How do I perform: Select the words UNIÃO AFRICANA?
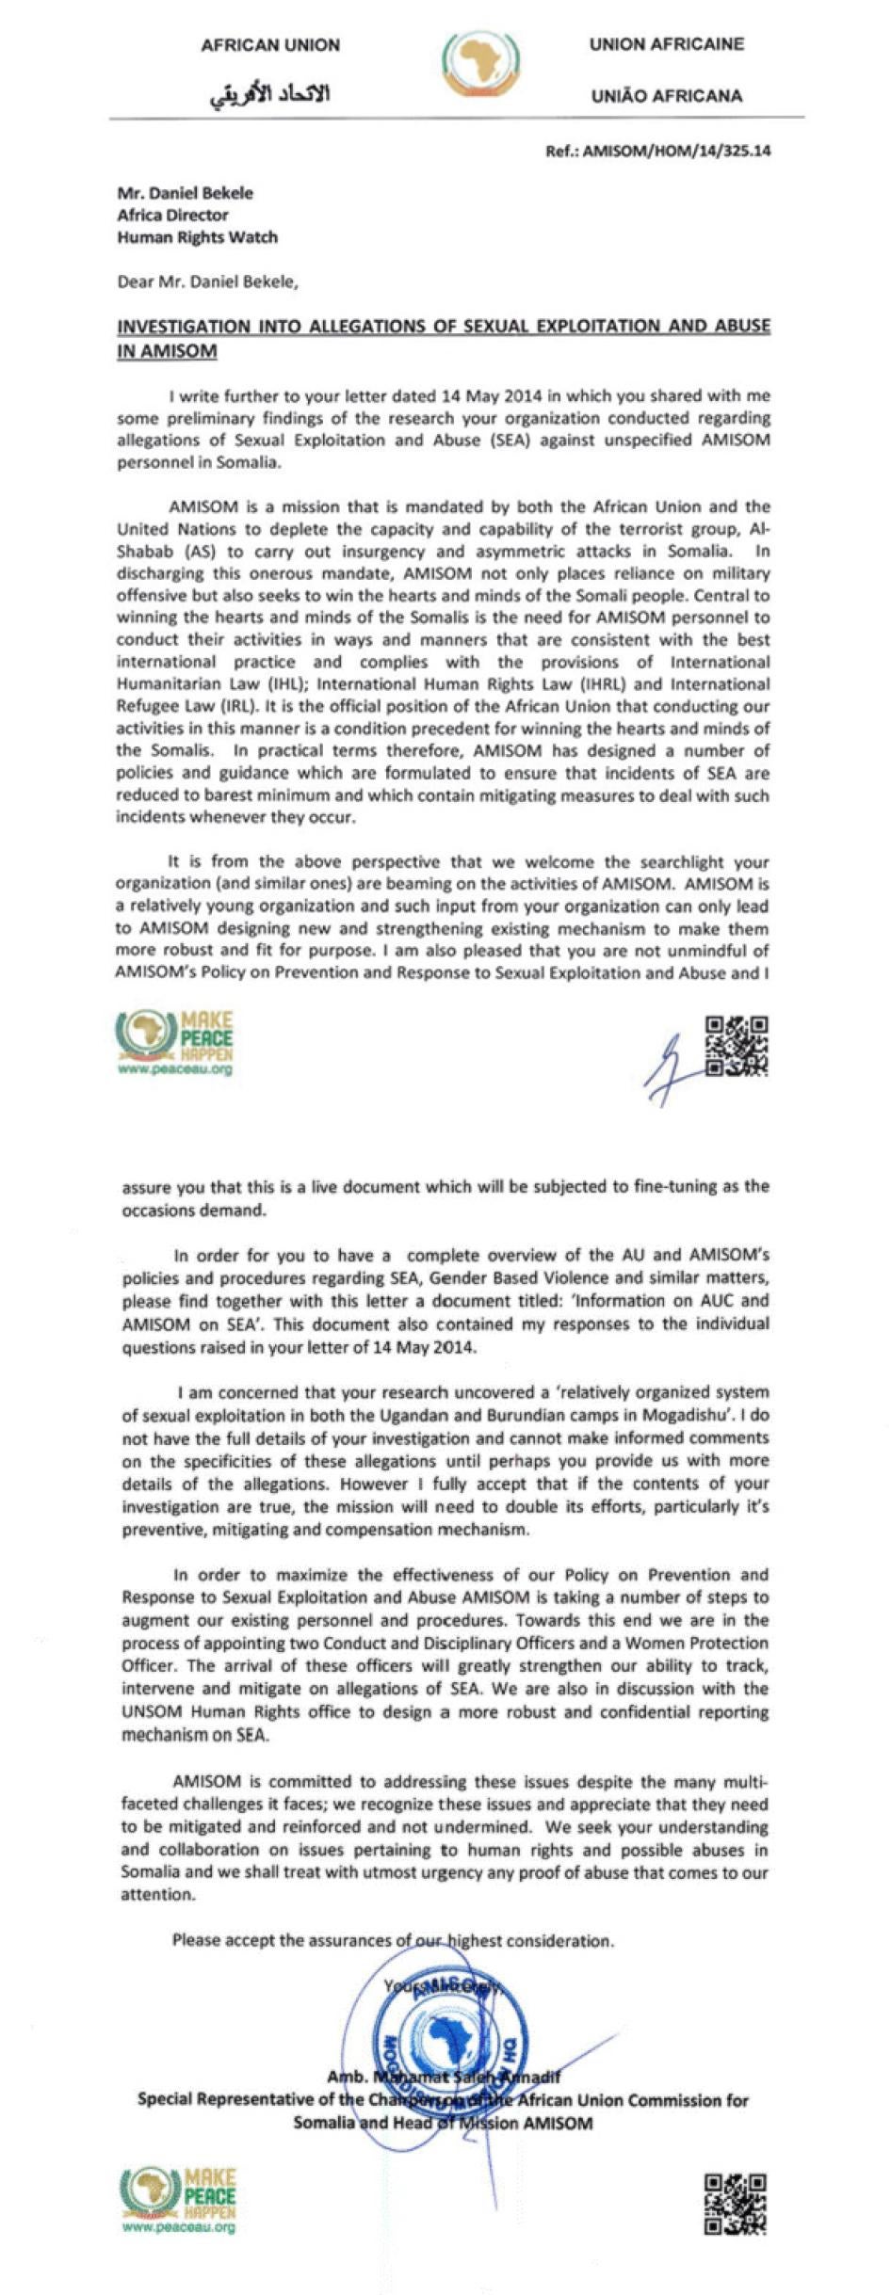[666, 96]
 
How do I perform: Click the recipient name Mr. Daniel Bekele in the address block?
[185, 193]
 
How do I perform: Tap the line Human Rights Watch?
[197, 237]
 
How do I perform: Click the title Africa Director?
[172, 215]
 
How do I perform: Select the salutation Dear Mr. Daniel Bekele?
[207, 281]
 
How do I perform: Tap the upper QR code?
[737, 1045]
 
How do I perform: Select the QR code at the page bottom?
[736, 2204]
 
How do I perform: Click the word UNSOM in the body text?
[151, 1711]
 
